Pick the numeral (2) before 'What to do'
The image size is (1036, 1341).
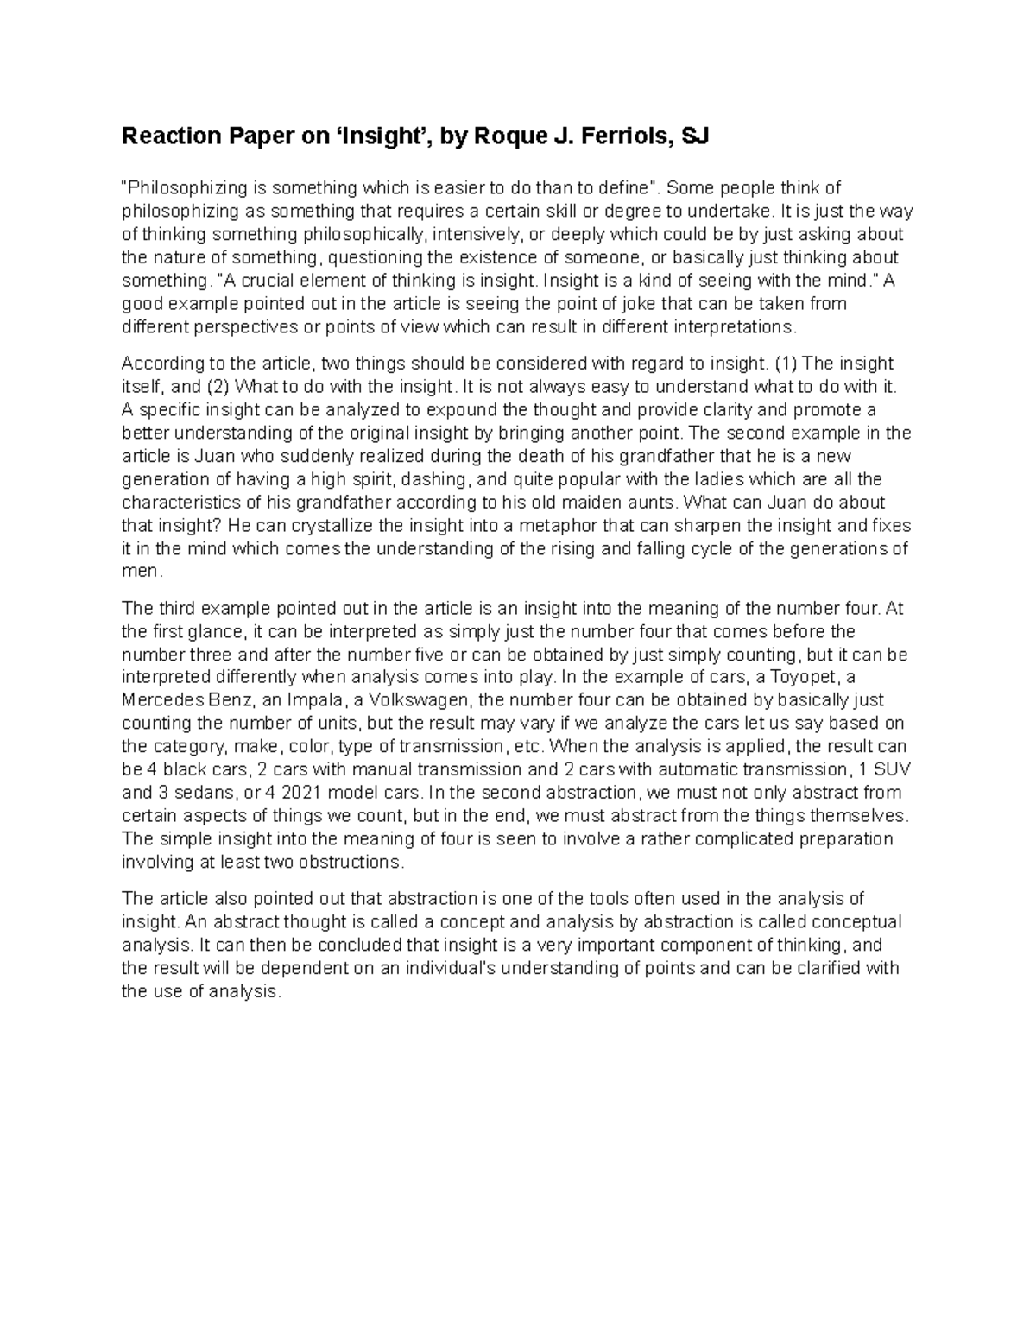pos(217,386)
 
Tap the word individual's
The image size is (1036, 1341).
pos(446,968)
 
